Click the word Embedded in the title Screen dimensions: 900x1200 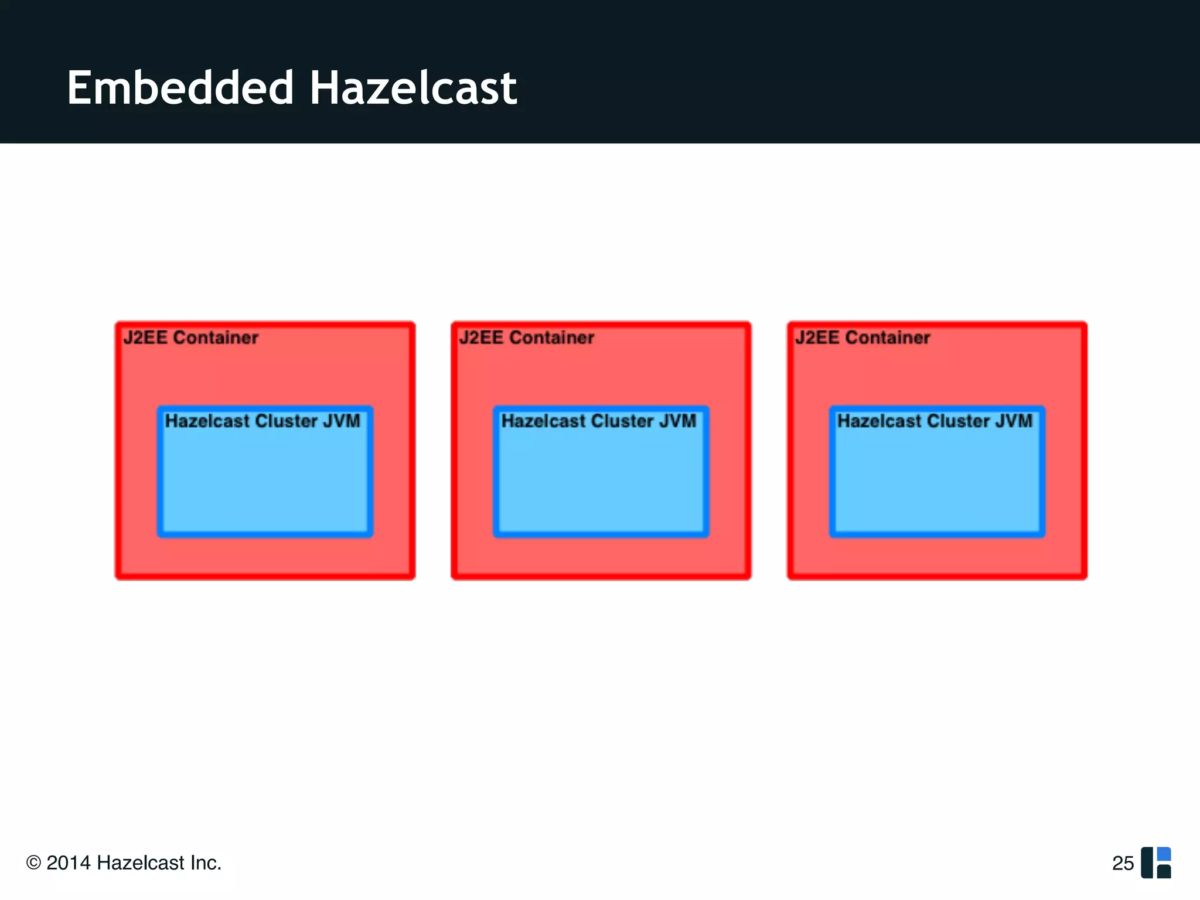(x=180, y=88)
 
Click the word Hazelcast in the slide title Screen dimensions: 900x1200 (x=413, y=88)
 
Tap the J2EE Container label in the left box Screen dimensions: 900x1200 (x=190, y=338)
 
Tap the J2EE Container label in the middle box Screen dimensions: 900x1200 (x=526, y=338)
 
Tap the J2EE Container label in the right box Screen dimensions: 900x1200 (x=862, y=338)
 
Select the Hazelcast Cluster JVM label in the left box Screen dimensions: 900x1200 (x=262, y=421)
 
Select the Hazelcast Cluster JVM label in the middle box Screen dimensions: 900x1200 (x=599, y=421)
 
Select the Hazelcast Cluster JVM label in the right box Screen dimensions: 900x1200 (x=935, y=421)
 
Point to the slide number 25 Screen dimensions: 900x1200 (x=1123, y=864)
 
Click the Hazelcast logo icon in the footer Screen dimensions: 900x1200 (x=1155, y=862)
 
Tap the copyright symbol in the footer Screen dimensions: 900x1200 (x=34, y=863)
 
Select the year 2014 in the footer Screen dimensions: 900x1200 (x=69, y=863)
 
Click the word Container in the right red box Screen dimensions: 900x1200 (x=888, y=338)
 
